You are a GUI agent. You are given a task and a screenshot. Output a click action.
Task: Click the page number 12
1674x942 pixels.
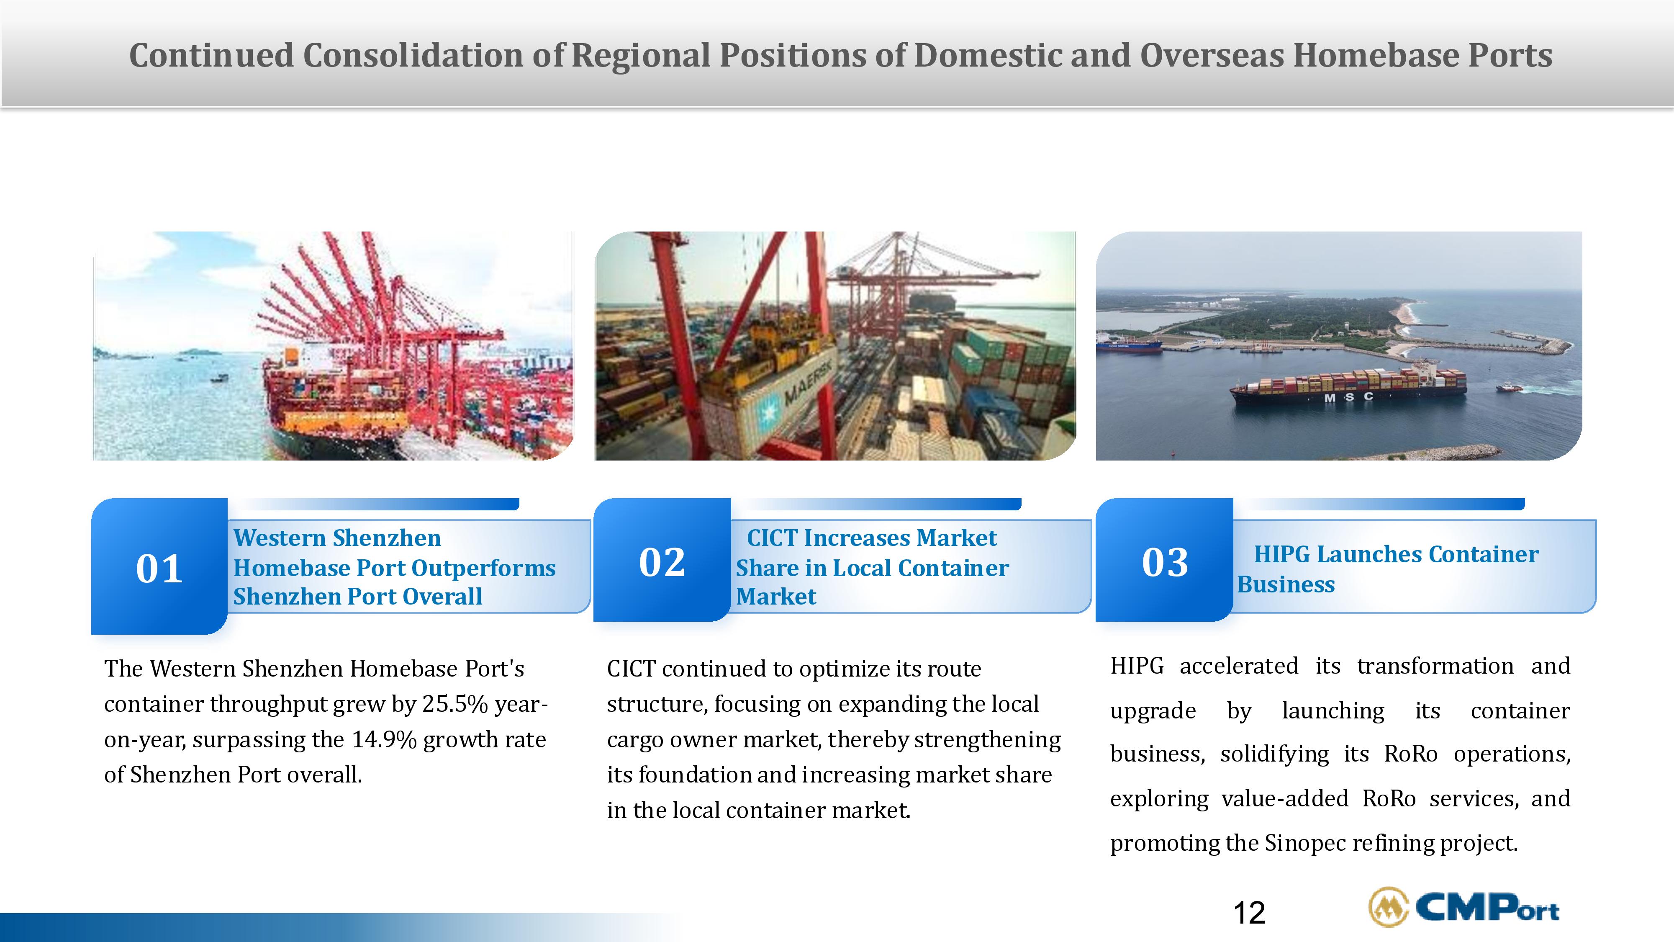tap(1249, 913)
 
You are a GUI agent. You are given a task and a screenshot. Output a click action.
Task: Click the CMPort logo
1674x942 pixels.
tap(1463, 907)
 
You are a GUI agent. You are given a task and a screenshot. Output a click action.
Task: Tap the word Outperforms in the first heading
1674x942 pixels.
tap(483, 568)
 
